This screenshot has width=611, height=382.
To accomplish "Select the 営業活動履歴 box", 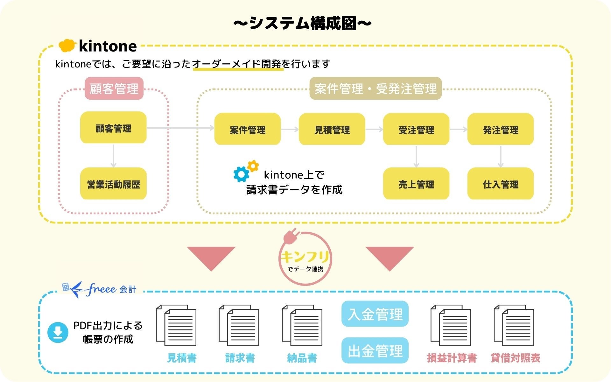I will (x=113, y=184).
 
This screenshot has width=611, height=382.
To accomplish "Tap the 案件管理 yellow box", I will (x=247, y=129).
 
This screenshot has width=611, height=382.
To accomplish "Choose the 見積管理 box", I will (x=332, y=129).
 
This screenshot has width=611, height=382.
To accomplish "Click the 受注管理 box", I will (x=416, y=129).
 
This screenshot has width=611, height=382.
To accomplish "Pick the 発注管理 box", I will (x=500, y=129).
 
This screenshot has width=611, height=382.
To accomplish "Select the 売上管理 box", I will (x=416, y=184).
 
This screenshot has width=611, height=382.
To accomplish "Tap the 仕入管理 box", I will (x=500, y=184).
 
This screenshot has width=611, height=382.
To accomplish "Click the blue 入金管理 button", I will (x=375, y=314).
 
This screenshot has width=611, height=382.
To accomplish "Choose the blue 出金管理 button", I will (x=375, y=350).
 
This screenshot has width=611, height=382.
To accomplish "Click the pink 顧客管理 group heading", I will (x=114, y=88).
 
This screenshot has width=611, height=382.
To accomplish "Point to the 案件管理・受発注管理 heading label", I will (x=376, y=88).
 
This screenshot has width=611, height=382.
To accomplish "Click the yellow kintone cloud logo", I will (x=67, y=46).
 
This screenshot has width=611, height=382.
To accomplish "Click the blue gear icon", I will (x=241, y=174).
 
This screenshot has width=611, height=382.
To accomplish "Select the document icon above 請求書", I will (x=239, y=325).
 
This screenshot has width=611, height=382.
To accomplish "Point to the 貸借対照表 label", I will (x=515, y=358).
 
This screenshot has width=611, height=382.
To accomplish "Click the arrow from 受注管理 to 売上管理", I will (x=416, y=157).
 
